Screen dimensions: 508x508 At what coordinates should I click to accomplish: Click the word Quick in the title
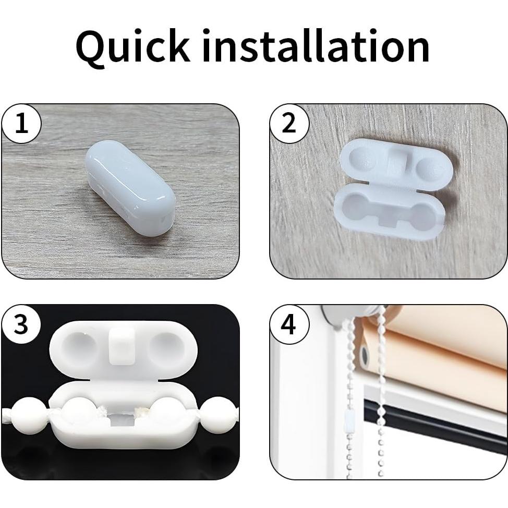point(132,47)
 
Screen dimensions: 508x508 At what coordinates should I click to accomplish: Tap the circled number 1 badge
point(21,124)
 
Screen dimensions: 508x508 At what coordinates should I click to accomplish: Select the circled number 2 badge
point(289,124)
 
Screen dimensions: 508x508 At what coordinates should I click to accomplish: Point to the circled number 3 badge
point(21,324)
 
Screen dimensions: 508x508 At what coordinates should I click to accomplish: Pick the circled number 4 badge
point(289,324)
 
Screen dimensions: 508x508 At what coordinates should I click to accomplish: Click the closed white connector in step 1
point(130,188)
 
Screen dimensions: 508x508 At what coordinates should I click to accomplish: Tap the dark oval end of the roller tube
point(365,356)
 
